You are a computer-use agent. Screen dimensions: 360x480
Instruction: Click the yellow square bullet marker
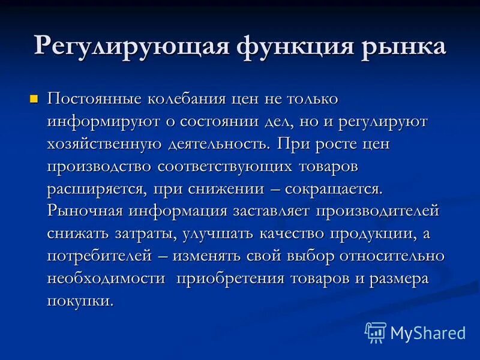[34, 98]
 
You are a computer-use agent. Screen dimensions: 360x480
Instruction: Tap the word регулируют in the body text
[382, 121]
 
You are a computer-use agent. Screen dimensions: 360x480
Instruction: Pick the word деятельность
[219, 144]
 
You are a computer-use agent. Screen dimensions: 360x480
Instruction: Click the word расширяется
[96, 189]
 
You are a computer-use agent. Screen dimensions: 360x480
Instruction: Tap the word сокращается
[334, 189]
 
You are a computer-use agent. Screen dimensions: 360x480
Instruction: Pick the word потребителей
[100, 256]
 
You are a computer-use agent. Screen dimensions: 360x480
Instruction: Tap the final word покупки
[80, 301]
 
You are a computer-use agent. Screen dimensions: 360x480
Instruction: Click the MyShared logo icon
[375, 332]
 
